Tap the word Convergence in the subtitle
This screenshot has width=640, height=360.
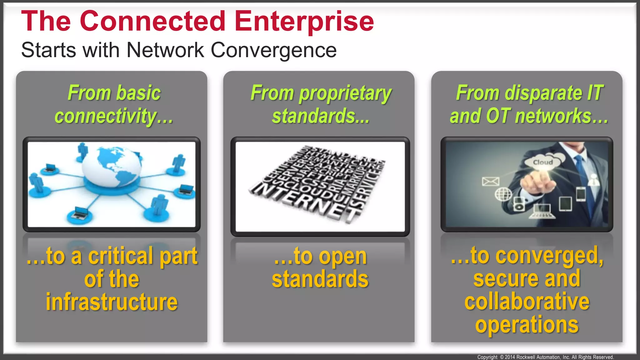click(273, 50)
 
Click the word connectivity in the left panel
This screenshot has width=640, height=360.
click(105, 116)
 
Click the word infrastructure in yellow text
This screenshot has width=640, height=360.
click(112, 302)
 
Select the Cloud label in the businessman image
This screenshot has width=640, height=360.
click(543, 162)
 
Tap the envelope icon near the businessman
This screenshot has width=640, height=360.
click(490, 181)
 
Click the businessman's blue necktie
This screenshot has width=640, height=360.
click(582, 175)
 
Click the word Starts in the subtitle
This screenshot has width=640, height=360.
click(48, 50)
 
